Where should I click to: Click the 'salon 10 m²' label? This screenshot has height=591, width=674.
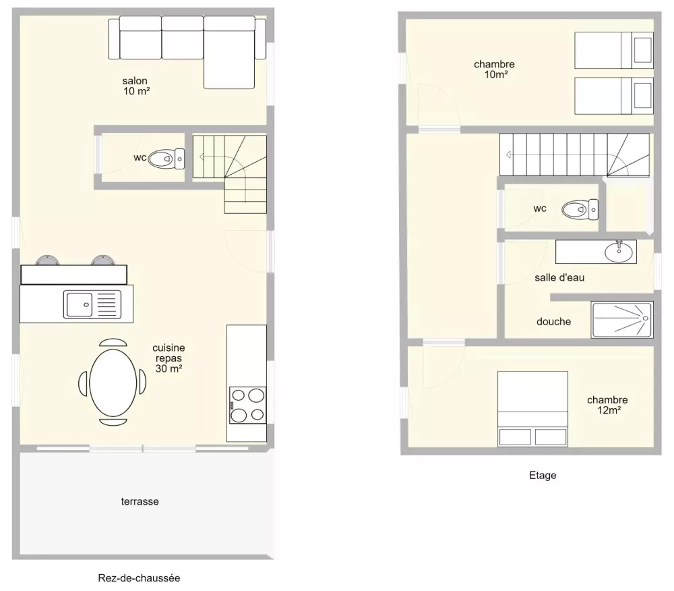click(136, 86)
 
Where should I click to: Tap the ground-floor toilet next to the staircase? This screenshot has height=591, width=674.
click(166, 159)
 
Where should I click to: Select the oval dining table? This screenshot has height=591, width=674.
click(113, 383)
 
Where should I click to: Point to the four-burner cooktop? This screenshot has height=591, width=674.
click(247, 405)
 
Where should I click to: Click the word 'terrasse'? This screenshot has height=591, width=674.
click(140, 501)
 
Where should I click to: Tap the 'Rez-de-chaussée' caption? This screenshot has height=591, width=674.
click(139, 578)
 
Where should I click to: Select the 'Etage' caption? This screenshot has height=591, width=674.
click(543, 475)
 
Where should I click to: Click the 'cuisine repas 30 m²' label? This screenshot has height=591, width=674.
click(169, 358)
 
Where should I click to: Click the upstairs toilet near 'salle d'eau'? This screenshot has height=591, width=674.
click(580, 209)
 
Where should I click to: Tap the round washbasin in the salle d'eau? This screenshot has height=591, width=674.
click(619, 252)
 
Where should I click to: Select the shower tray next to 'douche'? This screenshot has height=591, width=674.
click(622, 320)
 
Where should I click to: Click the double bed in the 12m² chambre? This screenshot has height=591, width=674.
click(532, 409)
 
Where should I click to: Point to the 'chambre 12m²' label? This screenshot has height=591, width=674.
click(607, 405)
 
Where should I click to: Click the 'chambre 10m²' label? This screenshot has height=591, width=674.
click(494, 69)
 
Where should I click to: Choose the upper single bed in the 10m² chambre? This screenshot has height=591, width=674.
click(614, 51)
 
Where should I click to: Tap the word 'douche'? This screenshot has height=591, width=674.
click(553, 321)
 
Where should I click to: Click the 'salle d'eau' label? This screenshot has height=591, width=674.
click(559, 277)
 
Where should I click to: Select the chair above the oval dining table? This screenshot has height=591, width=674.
click(113, 342)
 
